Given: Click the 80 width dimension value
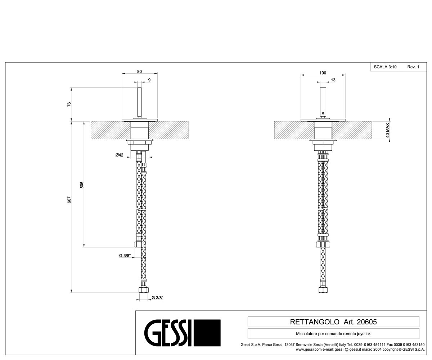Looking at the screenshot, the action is pyautogui.click(x=139, y=71).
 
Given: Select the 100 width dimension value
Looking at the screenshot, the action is pyautogui.click(x=323, y=73).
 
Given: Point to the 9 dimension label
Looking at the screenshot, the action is pyautogui.click(x=149, y=80).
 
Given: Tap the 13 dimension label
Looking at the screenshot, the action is pyautogui.click(x=333, y=80).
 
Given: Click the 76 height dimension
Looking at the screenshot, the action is pyautogui.click(x=69, y=104).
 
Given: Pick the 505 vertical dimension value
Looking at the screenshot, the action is pyautogui.click(x=82, y=185).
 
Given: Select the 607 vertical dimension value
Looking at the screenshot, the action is pyautogui.click(x=69, y=200).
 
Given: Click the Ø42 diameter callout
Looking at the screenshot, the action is pyautogui.click(x=120, y=155).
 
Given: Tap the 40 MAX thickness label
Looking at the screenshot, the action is pyautogui.click(x=387, y=130).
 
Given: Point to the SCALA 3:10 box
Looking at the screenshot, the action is pyautogui.click(x=385, y=67).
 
